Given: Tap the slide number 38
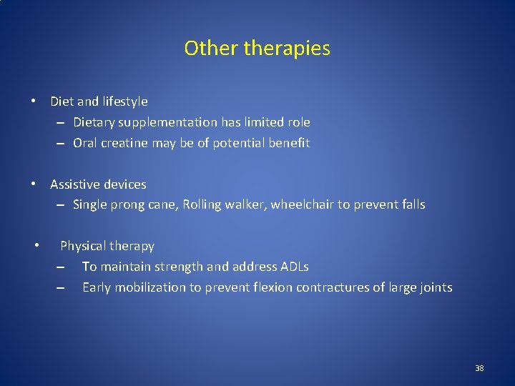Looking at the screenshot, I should point(479,368).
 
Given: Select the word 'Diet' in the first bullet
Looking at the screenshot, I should point(62,102).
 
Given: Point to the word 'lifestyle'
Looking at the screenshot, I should point(122,102).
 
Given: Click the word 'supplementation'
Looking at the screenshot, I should point(154,123).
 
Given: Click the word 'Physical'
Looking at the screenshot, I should point(84,246).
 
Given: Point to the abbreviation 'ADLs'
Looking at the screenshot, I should point(294,267).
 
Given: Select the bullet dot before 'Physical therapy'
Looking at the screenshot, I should point(35,246).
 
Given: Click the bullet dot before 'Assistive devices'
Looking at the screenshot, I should point(33,184).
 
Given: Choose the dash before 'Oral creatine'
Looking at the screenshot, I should point(62,143).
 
